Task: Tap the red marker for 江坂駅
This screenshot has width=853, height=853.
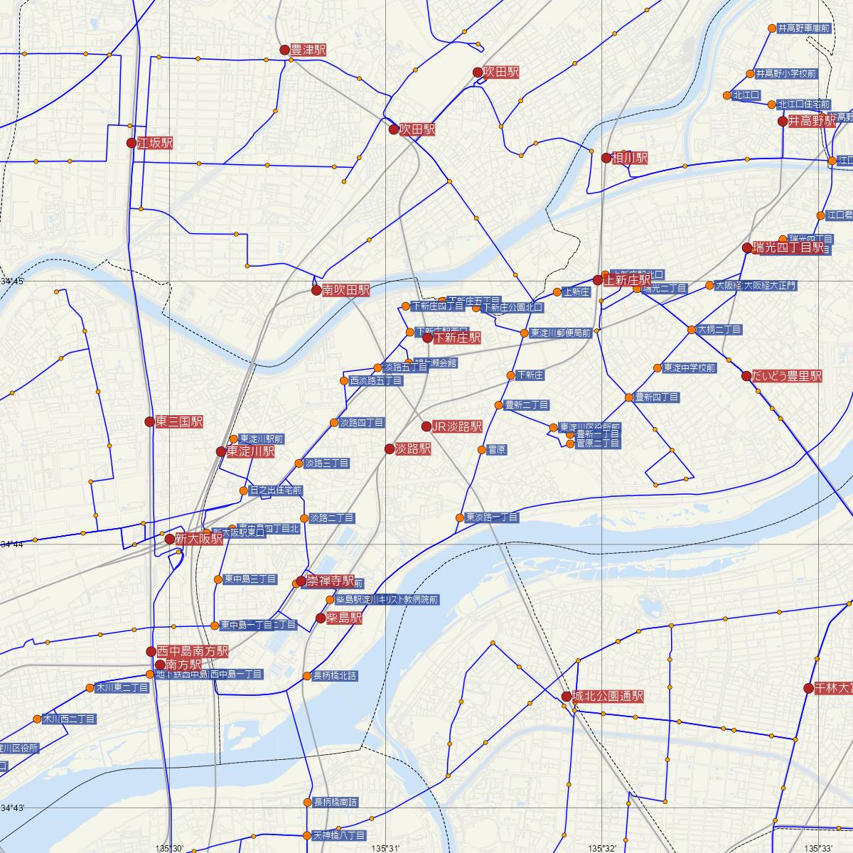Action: [132, 143]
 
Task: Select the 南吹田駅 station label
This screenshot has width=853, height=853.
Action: [345, 290]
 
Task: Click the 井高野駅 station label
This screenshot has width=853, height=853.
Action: [812, 122]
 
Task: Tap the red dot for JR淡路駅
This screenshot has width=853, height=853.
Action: [426, 426]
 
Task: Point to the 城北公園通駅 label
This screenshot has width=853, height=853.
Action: [608, 697]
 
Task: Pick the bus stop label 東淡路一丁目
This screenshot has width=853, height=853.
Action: [492, 517]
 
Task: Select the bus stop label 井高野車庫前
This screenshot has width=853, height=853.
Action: [804, 28]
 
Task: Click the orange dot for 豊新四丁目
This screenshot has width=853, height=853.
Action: [629, 397]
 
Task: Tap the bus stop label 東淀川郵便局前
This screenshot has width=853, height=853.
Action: [561, 333]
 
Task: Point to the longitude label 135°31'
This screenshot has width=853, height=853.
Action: [385, 848]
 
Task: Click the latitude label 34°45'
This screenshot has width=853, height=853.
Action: [12, 282]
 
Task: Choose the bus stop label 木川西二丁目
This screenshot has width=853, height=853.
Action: [69, 719]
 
